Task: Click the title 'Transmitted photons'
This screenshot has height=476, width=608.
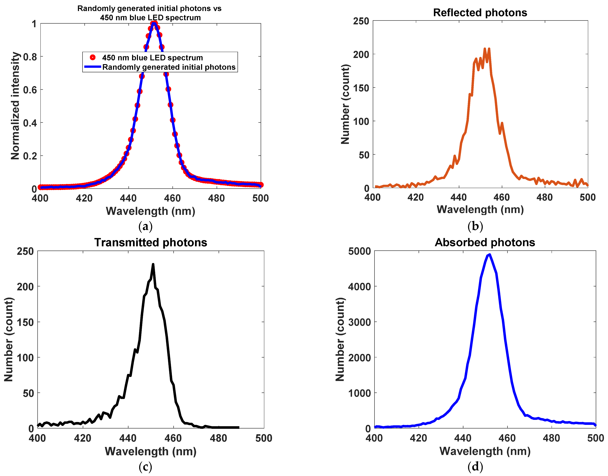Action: point(151,242)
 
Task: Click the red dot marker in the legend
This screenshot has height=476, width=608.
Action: point(93,57)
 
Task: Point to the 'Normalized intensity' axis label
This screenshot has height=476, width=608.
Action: point(15,106)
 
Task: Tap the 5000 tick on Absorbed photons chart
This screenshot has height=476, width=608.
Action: point(359,251)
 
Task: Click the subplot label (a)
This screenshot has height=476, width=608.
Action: point(145,226)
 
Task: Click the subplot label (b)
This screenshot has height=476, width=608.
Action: point(475,226)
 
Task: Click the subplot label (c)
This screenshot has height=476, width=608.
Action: point(145,467)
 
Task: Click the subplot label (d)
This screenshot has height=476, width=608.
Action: point(475,467)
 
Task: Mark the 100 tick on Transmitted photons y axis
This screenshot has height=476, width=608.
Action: point(25,358)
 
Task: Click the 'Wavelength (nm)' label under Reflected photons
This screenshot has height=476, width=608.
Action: point(480,209)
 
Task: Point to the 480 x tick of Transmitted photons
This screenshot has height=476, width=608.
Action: point(218,438)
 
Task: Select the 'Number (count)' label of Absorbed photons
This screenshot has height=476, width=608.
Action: point(340,339)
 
